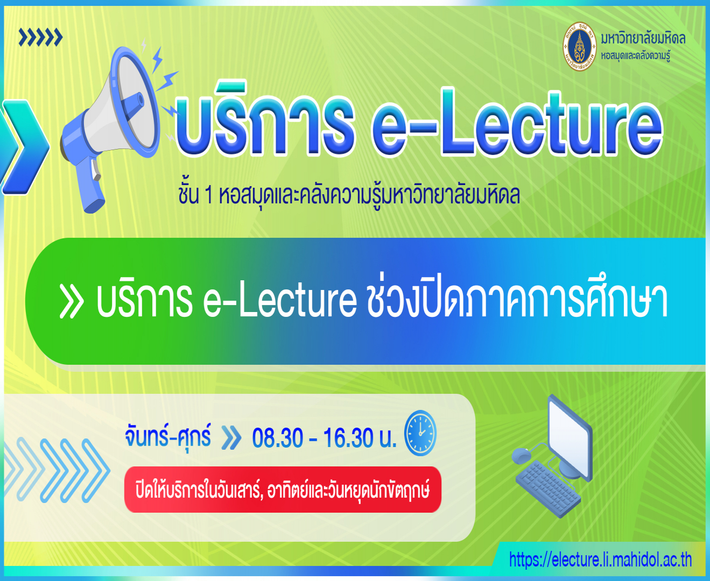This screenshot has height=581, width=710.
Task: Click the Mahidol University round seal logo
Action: (x=579, y=47)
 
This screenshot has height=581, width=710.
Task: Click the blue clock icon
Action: (x=420, y=433)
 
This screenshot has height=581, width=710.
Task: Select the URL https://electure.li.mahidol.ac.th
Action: (x=600, y=559)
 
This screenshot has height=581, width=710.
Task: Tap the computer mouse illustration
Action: (x=521, y=456)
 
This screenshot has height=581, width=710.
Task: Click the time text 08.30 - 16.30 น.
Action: (x=324, y=438)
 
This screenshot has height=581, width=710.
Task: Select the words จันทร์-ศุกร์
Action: (x=168, y=436)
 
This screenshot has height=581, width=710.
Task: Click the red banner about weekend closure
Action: (x=283, y=490)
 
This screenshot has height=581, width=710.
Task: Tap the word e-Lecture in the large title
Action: (x=517, y=126)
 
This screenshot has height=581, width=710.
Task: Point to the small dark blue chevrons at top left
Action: (x=40, y=38)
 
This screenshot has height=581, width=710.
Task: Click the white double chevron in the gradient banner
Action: (x=71, y=302)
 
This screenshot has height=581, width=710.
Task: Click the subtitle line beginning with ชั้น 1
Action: (x=349, y=195)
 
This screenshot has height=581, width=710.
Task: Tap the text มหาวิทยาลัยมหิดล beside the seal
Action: (x=643, y=39)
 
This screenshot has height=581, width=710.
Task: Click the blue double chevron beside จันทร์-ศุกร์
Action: (x=231, y=438)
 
